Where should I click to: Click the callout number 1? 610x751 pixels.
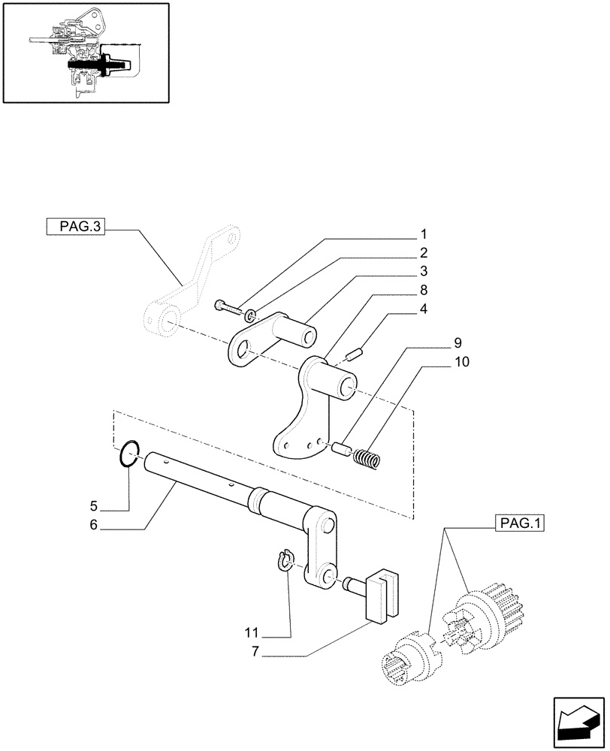click(x=424, y=233)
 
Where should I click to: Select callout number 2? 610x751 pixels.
click(x=424, y=252)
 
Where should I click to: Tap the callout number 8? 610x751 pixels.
click(x=424, y=289)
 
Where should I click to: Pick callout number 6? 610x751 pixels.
click(x=94, y=525)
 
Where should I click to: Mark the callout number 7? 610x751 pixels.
click(x=255, y=652)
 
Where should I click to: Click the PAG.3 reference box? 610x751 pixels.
click(x=75, y=226)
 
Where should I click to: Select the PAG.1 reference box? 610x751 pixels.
click(x=519, y=523)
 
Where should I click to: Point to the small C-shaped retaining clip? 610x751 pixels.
click(x=284, y=561)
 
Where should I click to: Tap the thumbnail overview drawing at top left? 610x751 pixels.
click(x=84, y=52)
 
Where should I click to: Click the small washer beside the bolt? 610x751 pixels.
click(x=250, y=312)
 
